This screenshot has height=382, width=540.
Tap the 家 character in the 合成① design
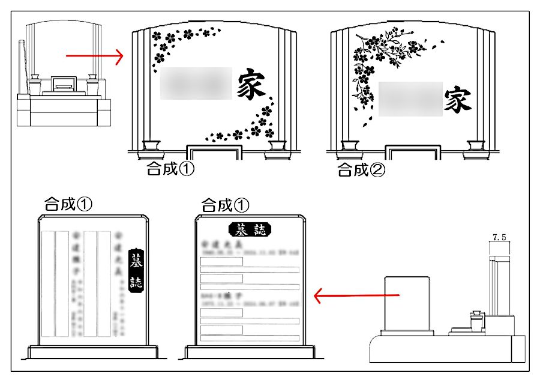[250, 84]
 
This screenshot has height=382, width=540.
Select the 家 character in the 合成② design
[457, 100]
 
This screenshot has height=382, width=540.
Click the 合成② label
[361, 170]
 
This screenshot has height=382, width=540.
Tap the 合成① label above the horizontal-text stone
[225, 205]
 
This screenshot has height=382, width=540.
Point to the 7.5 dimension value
[499, 238]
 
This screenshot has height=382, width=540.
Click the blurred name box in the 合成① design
[196, 83]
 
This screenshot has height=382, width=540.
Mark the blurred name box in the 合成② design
[410, 99]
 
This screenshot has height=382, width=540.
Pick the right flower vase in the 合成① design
[278, 146]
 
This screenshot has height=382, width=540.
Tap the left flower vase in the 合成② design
[350, 146]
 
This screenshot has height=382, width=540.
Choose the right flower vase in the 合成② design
[476, 146]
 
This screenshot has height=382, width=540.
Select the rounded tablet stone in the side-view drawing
[408, 303]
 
